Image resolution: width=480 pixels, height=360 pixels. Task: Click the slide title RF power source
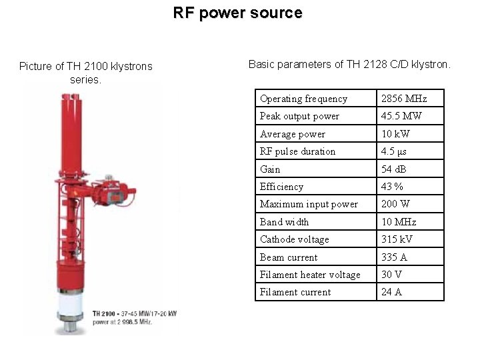coord(237,13)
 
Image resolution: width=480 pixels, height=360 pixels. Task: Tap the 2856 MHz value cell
coord(403,99)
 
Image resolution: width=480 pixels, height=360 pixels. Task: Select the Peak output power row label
coord(299,116)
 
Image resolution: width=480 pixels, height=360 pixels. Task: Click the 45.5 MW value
coord(401,116)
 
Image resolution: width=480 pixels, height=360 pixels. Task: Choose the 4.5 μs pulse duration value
coord(393,151)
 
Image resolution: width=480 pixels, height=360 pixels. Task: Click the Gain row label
coord(270,169)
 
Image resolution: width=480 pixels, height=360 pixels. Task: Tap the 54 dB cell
coord(394,169)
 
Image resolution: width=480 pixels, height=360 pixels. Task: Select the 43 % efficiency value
coord(392,187)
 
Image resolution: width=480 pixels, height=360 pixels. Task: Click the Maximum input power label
coord(309,204)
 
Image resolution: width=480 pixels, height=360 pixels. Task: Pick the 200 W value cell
coord(395,204)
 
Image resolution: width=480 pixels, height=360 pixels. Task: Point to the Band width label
coord(284,222)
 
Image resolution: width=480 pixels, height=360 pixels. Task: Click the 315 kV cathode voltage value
coord(396,239)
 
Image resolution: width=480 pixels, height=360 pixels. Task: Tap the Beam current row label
coord(289,257)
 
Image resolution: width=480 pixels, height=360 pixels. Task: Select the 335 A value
coord(393,257)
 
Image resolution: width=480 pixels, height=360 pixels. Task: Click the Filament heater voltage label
coord(310,275)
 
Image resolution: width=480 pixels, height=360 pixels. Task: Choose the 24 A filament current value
coord(391,292)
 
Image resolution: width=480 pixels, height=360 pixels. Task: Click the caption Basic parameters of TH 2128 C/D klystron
coord(349,65)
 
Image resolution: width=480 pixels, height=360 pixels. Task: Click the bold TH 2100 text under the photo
coord(105,313)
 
